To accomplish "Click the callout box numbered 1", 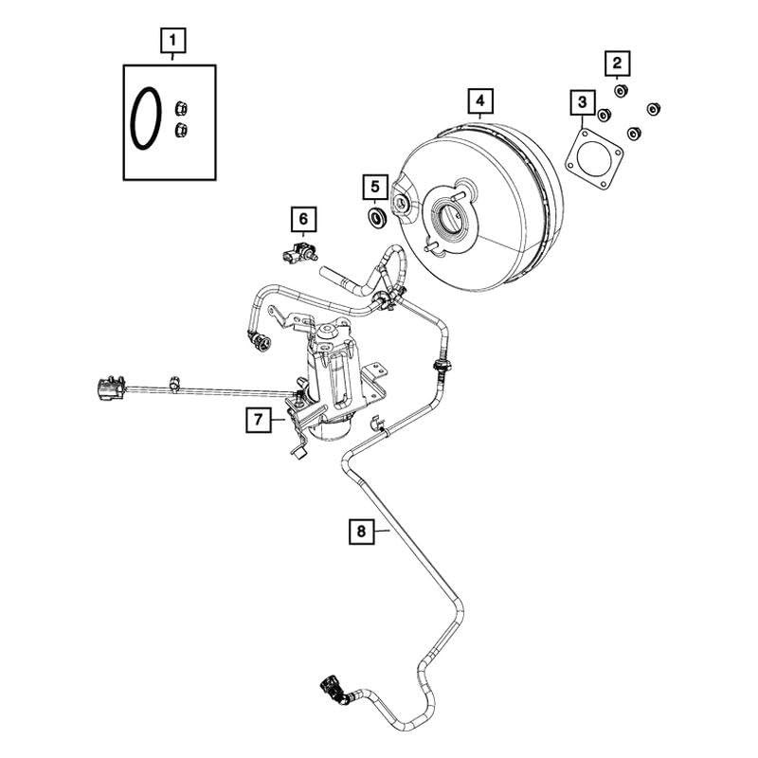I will [x=172, y=41].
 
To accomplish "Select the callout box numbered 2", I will [x=617, y=63].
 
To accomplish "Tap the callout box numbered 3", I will [x=581, y=101].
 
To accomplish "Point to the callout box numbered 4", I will [x=480, y=99].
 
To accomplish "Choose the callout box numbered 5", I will [x=375, y=187].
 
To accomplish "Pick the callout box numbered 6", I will [x=303, y=221].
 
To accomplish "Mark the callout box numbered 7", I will [x=255, y=418].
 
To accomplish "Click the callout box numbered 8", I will [x=361, y=532].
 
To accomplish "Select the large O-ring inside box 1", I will [x=145, y=118].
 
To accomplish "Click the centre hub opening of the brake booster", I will [x=447, y=221].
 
